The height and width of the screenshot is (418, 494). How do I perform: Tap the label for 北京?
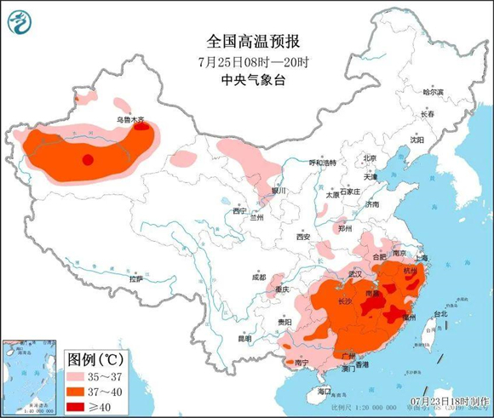tap(370, 157)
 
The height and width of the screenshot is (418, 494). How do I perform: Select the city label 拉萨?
tap(136, 278)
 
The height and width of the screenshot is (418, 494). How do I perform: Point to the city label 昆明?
tap(245, 338)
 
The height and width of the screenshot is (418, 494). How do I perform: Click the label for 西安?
tap(303, 237)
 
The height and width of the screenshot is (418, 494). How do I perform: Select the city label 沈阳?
tap(416, 139)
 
